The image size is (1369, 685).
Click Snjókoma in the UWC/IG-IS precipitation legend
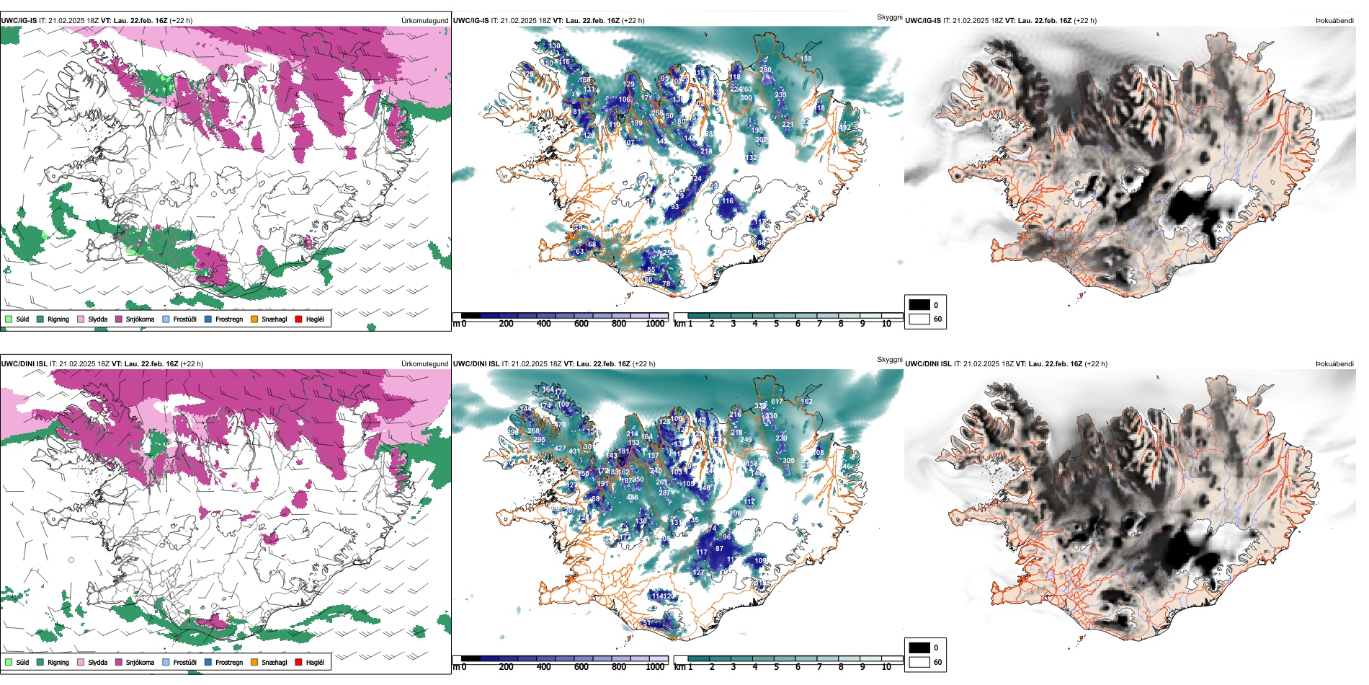click(x=140, y=319)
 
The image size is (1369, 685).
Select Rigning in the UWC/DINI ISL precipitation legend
click(x=58, y=662)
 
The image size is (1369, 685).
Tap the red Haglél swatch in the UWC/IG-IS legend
click(x=298, y=319)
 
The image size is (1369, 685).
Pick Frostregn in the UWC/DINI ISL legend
click(x=228, y=662)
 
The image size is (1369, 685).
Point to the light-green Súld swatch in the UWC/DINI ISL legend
click(x=9, y=662)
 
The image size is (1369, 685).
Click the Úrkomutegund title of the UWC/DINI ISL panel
click(x=424, y=364)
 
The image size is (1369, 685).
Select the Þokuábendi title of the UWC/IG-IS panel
click(x=1334, y=21)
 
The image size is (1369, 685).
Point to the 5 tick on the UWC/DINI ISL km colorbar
click(x=776, y=667)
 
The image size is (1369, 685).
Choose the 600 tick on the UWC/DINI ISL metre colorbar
click(x=581, y=667)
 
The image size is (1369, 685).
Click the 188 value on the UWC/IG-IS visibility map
click(x=806, y=59)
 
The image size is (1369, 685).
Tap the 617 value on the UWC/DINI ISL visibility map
click(x=777, y=402)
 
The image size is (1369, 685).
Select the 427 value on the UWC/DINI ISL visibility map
click(x=560, y=448)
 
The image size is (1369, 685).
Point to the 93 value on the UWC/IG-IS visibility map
click(x=674, y=207)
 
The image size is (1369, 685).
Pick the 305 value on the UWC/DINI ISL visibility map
click(x=789, y=461)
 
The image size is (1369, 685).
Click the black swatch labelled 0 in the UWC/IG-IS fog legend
click(x=919, y=305)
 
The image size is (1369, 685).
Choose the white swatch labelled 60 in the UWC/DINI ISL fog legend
click(x=919, y=662)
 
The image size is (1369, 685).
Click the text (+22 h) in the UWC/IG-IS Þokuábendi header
click(x=1085, y=21)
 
